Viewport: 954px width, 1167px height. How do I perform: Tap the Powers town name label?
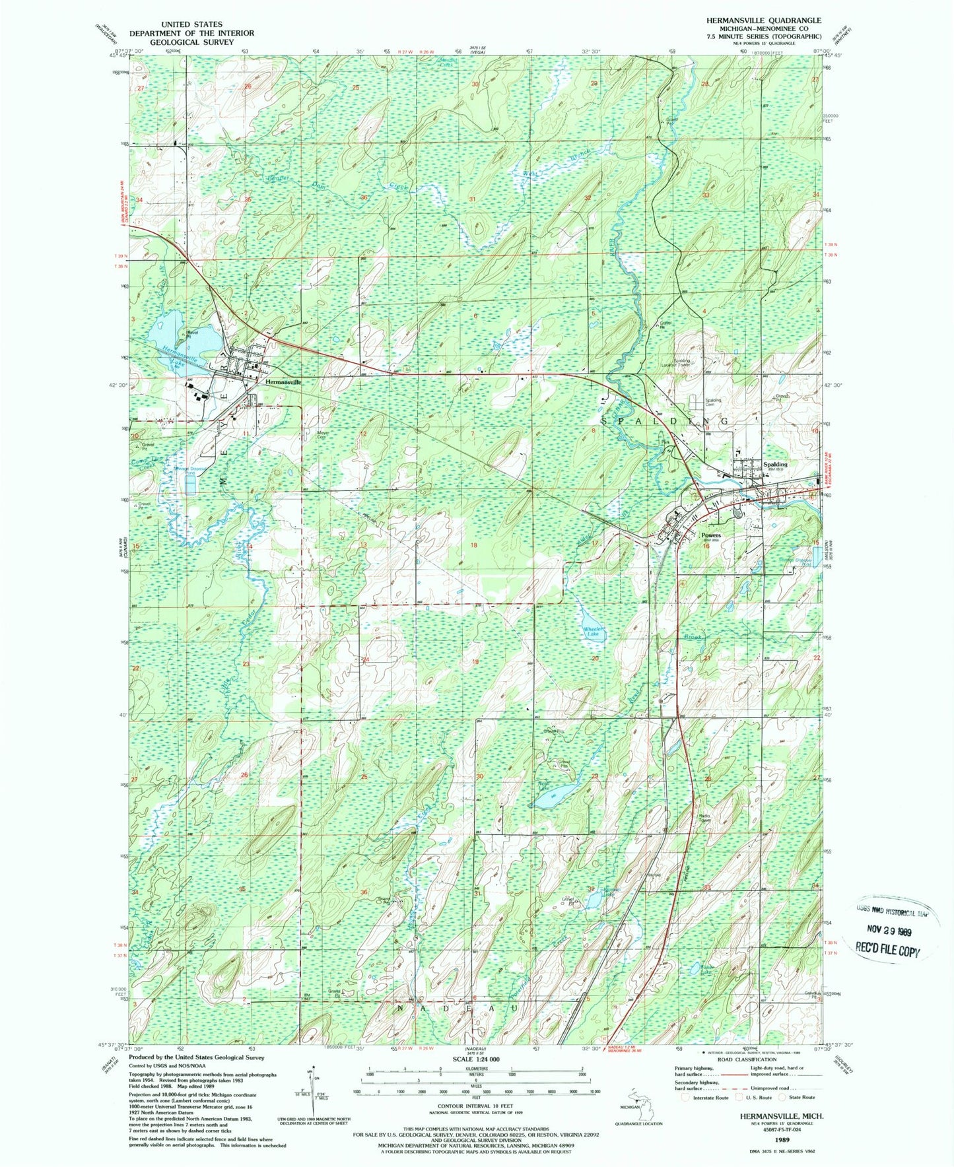[711, 535]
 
